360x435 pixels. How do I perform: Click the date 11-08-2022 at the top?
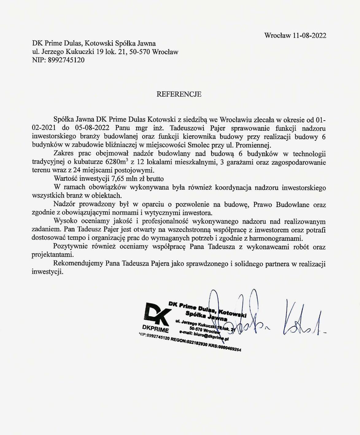coord(309,36)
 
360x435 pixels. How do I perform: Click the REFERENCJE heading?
coord(179,94)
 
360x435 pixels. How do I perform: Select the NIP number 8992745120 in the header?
coord(66,60)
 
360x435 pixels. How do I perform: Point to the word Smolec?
coord(200,145)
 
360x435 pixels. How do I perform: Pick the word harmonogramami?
coord(276,238)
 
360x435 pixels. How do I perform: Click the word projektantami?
coord(53,255)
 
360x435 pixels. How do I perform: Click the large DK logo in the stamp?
coord(157,313)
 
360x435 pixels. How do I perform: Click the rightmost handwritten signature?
coord(302,321)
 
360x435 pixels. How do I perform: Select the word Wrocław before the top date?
coord(277,36)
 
